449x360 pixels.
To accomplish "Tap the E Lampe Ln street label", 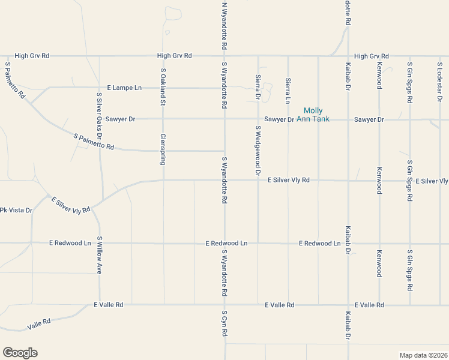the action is pyautogui.click(x=124, y=88).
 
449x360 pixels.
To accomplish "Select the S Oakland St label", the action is pyautogui.click(x=163, y=87).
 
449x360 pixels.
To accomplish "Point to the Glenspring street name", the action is pyautogui.click(x=163, y=149).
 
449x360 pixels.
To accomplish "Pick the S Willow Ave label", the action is pyautogui.click(x=99, y=254).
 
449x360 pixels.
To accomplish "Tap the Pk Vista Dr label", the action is pyautogui.click(x=16, y=210).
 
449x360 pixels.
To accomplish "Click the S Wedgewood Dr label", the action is pyautogui.click(x=258, y=151).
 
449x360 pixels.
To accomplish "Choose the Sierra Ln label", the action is pyautogui.click(x=288, y=89).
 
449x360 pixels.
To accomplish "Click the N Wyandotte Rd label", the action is pyautogui.click(x=224, y=25).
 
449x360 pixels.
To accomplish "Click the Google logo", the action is pyautogui.click(x=20, y=353).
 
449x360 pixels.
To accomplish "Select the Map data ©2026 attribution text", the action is pyautogui.click(x=424, y=355).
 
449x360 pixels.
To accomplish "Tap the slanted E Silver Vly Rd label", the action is pyautogui.click(x=70, y=205).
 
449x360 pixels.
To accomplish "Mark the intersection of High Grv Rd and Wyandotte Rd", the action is pyautogui.click(x=224, y=56).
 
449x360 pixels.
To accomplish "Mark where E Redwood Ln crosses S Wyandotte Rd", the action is pyautogui.click(x=224, y=244).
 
